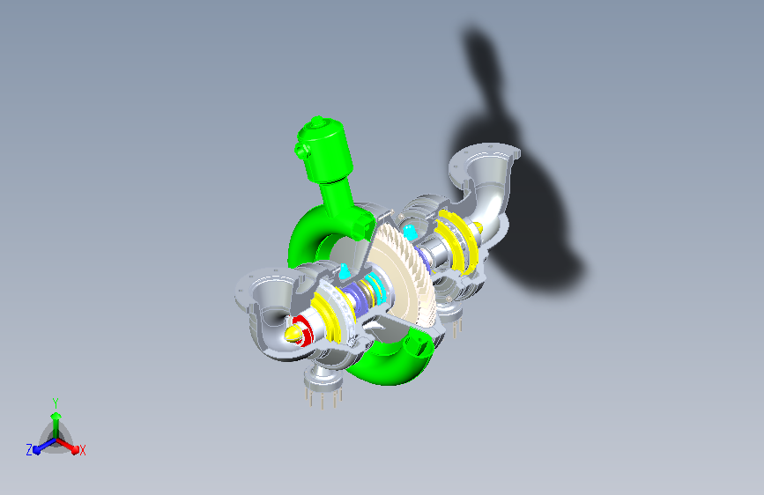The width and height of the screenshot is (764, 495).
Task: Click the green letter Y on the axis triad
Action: tap(56, 403)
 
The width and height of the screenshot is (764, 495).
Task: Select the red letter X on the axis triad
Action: tap(82, 451)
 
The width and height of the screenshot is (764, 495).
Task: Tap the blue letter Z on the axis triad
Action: tap(29, 450)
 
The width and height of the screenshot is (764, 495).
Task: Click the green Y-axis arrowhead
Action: tap(56, 416)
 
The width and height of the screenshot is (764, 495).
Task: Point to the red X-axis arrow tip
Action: tap(75, 449)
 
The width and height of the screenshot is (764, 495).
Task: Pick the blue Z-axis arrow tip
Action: tap(36, 450)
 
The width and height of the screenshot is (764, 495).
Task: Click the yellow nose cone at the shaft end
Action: tap(293, 334)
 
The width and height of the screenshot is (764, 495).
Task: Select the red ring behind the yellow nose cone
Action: tap(304, 329)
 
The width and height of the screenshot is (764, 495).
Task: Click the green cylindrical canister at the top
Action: tap(324, 149)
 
